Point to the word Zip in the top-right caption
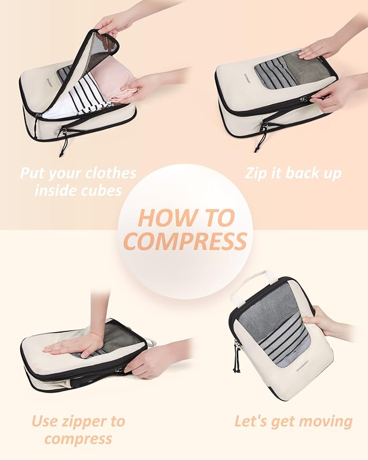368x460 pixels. click(257, 174)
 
